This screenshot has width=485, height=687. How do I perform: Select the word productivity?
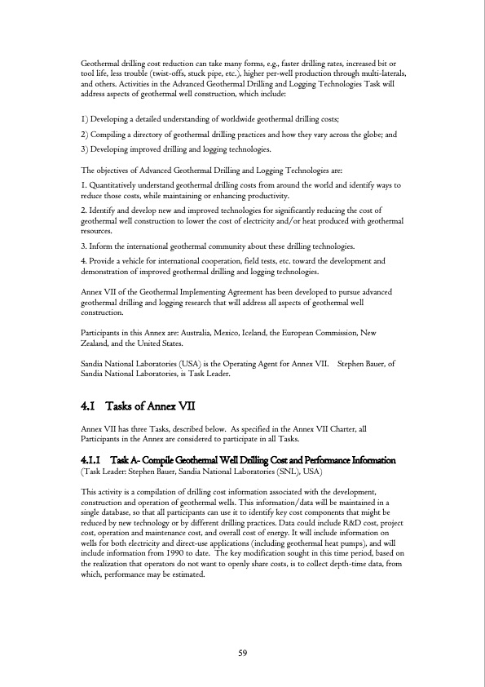(x=266, y=196)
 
